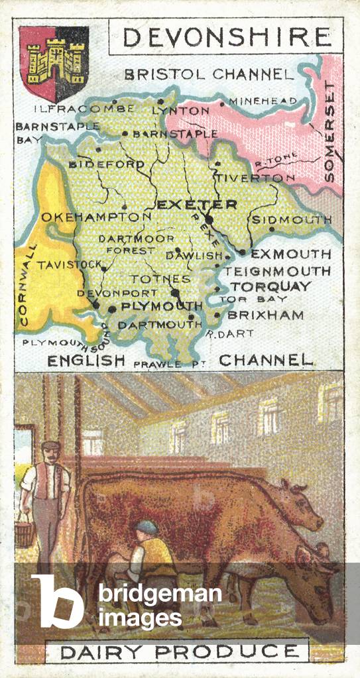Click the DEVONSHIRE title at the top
coord(227,37)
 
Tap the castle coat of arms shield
coord(54,63)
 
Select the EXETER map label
coord(196,204)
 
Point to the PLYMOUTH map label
coord(161,306)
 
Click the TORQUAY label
coord(270,286)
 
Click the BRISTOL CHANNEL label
coord(208,74)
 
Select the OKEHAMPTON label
coord(96,217)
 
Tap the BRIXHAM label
coord(265,315)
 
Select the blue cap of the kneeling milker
coord(146,528)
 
